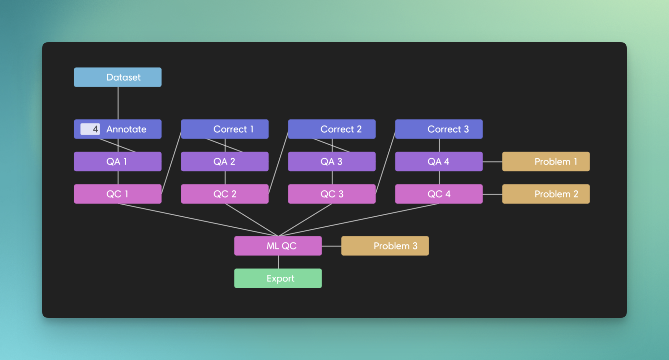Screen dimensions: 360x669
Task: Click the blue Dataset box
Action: click(x=118, y=77)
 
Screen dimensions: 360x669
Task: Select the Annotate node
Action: click(x=127, y=129)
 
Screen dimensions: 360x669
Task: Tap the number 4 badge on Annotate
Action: click(x=90, y=129)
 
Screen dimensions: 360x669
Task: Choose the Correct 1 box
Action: click(x=225, y=129)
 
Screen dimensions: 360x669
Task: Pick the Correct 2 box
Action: click(x=332, y=129)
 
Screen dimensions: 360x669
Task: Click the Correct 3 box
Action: click(x=439, y=129)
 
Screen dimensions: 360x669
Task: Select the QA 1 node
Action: click(x=118, y=162)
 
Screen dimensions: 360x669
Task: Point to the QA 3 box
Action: click(x=332, y=162)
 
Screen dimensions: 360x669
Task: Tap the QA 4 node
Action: click(x=439, y=162)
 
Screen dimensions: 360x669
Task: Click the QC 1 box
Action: click(x=118, y=194)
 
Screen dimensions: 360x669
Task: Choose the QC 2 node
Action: click(x=225, y=194)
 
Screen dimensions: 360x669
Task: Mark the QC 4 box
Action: click(x=439, y=194)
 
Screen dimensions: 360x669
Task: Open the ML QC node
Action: click(x=278, y=246)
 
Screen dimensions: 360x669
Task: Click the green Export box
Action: click(x=278, y=278)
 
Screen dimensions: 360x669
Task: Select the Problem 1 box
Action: click(x=546, y=162)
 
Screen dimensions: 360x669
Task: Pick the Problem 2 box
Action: click(x=546, y=194)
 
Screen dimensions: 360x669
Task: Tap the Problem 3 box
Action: click(x=385, y=246)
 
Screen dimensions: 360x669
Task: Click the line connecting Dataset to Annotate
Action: click(x=118, y=103)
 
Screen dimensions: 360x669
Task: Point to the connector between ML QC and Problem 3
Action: click(x=332, y=246)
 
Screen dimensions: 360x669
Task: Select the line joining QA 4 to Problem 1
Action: click(x=493, y=162)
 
